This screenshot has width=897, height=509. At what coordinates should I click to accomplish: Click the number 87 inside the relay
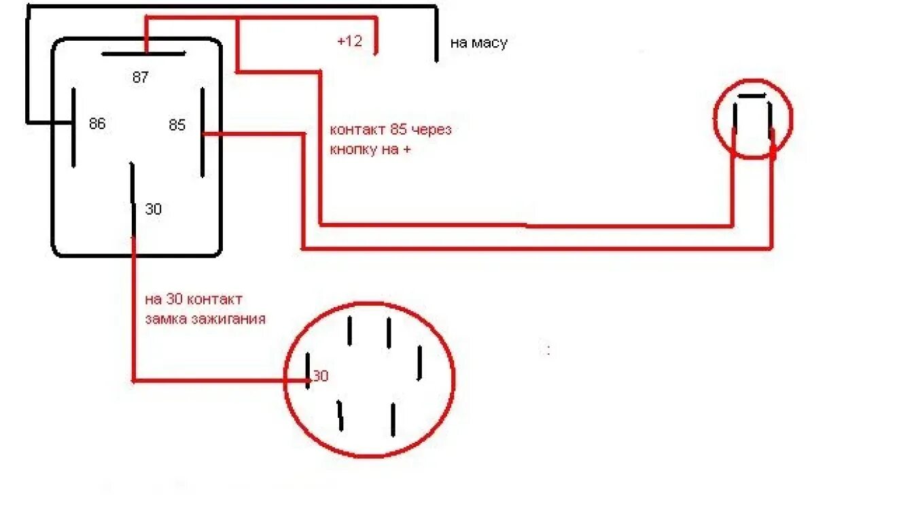coord(140,77)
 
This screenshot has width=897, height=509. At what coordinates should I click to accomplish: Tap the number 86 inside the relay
coord(97,124)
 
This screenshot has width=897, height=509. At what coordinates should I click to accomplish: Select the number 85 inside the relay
coord(177,125)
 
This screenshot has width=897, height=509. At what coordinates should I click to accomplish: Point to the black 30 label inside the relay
coord(154,209)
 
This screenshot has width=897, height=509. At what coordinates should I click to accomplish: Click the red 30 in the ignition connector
coord(321,375)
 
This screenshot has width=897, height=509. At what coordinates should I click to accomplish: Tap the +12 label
coord(349,41)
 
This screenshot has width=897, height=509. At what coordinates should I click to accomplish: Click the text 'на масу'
coord(478,43)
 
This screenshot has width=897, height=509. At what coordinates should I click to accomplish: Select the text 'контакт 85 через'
coord(390,130)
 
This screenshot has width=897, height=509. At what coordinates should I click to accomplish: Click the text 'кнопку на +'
coord(370,150)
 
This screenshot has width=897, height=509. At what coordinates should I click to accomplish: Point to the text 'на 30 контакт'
coord(194,299)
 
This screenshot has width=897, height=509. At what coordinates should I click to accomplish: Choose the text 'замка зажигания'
coord(205,318)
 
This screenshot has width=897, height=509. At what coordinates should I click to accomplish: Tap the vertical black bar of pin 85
coord(203,133)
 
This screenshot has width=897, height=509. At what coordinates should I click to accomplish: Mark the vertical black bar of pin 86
coord(73,126)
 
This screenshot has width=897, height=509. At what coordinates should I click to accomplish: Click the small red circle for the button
coord(753,119)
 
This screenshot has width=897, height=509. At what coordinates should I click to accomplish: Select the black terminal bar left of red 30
coord(308,371)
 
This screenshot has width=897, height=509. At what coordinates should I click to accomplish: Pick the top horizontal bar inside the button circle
coord(752,96)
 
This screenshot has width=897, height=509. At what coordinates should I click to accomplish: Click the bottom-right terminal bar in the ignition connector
coord(393,419)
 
